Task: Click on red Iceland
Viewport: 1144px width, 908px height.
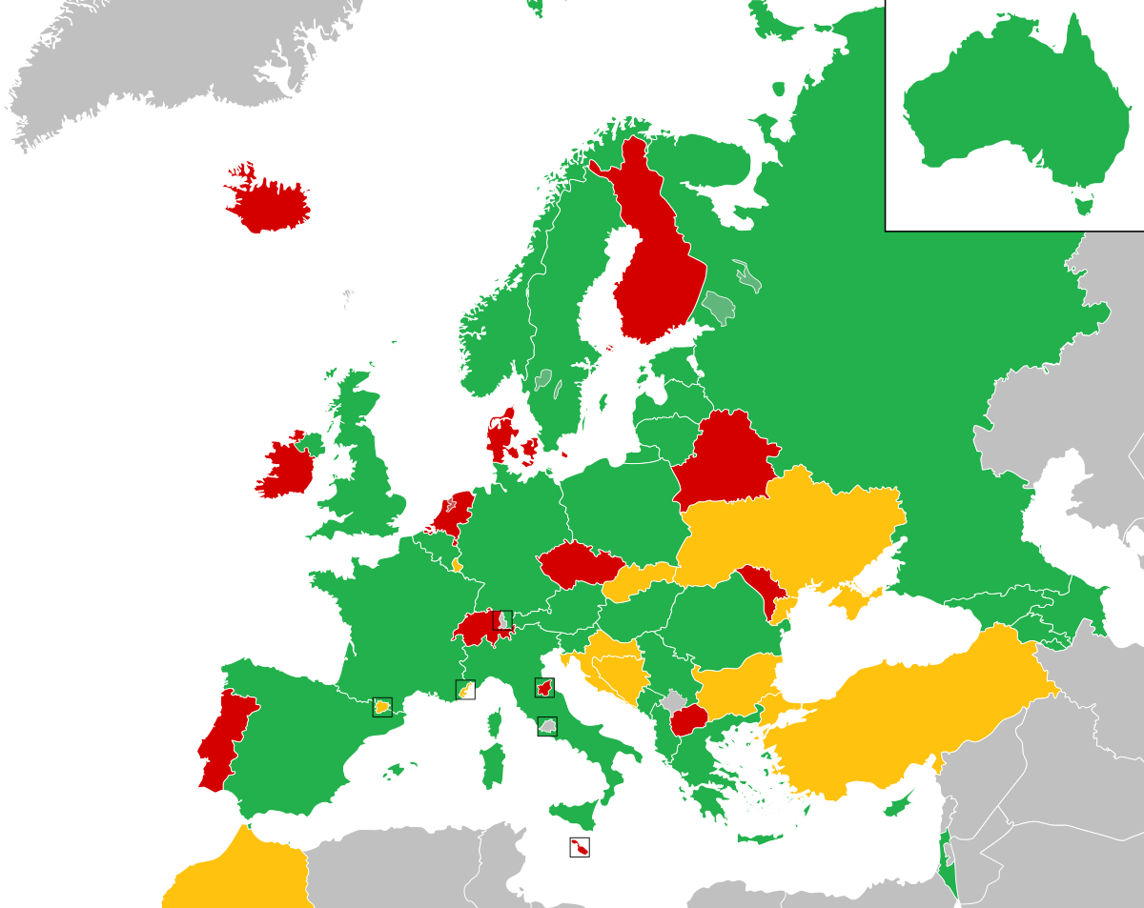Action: click(x=270, y=203)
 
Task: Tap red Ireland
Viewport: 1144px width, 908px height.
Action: click(x=285, y=469)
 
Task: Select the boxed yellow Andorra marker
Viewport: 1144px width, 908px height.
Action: click(x=382, y=707)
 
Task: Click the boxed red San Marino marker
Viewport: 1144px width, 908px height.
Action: click(x=544, y=688)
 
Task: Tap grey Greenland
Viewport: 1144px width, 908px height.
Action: click(x=162, y=57)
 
